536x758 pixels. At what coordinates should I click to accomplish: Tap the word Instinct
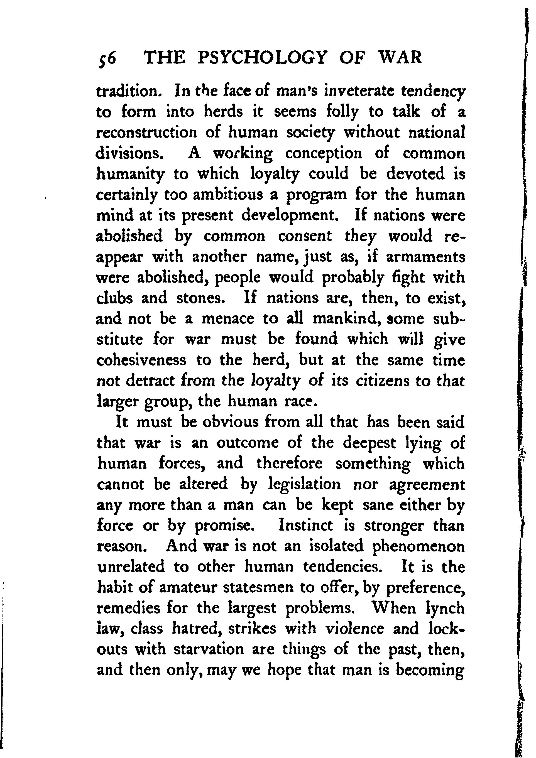[x=306, y=526]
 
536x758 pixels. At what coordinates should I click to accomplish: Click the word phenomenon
[x=418, y=546]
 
